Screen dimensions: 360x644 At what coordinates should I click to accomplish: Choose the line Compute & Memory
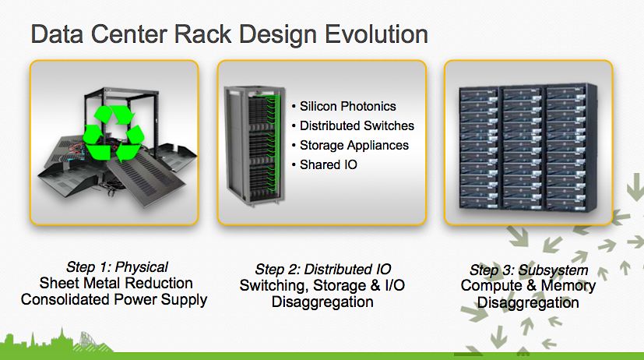click(x=529, y=286)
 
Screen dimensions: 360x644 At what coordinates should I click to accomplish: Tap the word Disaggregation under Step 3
click(x=529, y=302)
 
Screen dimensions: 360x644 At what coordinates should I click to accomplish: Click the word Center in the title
click(x=129, y=34)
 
